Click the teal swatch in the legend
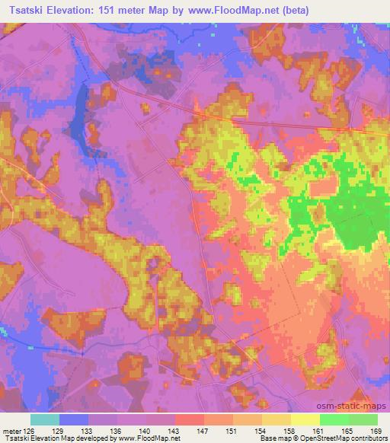click(x=45, y=419)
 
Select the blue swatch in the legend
click(x=74, y=419)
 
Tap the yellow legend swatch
click(x=305, y=419)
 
